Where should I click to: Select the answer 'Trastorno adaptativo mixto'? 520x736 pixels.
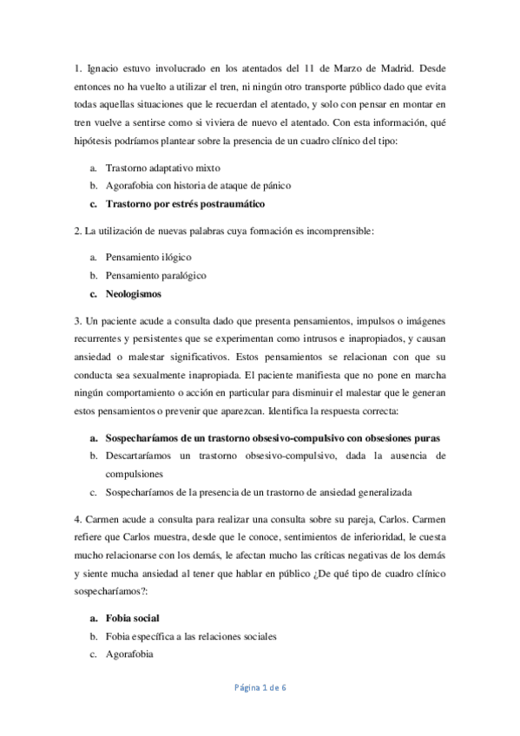(162, 168)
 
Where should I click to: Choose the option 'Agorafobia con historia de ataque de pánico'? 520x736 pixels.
(198, 186)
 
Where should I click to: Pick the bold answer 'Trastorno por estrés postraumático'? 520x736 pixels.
(184, 204)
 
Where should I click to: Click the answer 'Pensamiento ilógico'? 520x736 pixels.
(148, 258)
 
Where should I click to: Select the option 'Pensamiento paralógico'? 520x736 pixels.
(155, 276)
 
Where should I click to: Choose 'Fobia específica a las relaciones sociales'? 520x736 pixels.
(191, 636)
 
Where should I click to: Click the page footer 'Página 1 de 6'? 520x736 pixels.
(260, 687)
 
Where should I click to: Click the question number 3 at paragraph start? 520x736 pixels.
(76, 321)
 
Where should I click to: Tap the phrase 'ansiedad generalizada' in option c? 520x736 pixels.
(362, 492)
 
